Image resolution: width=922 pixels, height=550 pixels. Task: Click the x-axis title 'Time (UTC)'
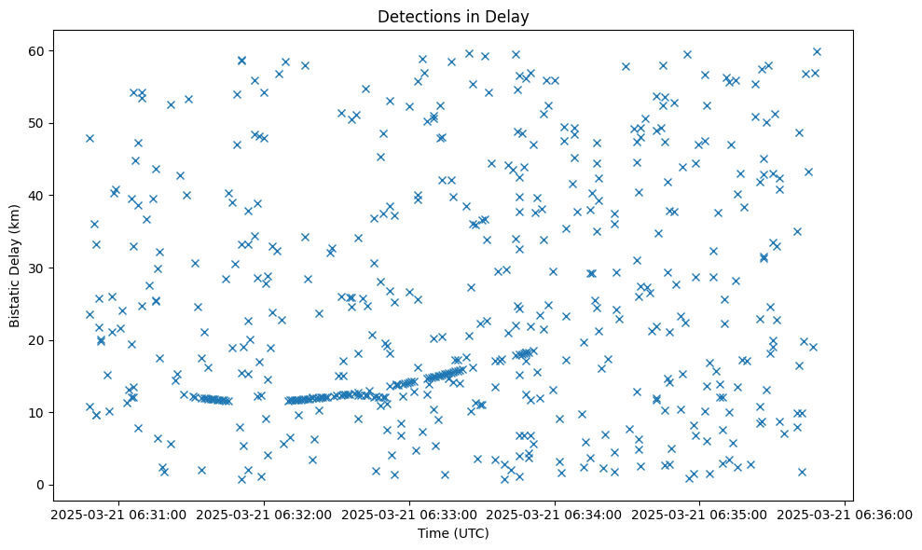pos(452,534)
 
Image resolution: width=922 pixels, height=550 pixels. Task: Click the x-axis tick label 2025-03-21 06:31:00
pos(118,515)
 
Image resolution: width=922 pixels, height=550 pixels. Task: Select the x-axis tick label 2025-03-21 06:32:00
pos(264,515)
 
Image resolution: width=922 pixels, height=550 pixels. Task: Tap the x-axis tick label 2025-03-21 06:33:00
pos(409,515)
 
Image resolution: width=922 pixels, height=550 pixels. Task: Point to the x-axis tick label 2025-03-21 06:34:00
pos(555,515)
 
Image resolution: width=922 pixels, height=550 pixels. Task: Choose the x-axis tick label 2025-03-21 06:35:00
pos(700,515)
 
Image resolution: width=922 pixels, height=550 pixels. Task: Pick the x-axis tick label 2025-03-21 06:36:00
pos(846,515)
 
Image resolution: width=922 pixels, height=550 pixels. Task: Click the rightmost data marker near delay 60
pos(817,51)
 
